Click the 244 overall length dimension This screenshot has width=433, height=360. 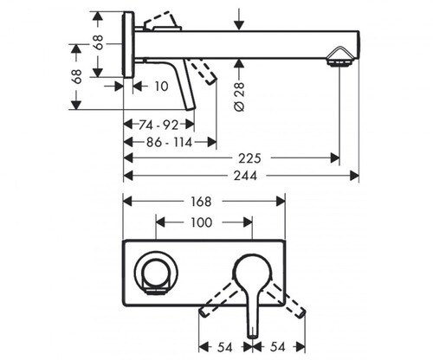click(245, 176)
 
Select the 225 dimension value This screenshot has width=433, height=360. click(249, 158)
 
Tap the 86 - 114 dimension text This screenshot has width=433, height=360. click(170, 142)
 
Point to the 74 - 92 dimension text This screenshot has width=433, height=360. click(158, 125)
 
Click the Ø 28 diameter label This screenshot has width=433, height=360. click(239, 97)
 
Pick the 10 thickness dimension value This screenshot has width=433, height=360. click(161, 87)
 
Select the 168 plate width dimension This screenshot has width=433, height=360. click(201, 202)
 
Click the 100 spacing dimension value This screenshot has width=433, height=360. click(202, 222)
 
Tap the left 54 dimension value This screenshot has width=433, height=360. click(225, 347)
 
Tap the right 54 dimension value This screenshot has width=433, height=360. click(278, 347)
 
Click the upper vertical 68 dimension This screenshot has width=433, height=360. click(99, 42)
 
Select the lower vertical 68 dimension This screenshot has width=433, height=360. click(77, 76)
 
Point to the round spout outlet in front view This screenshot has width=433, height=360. click(156, 273)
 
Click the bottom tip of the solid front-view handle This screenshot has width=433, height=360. click(253, 337)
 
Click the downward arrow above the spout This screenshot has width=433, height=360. click(239, 19)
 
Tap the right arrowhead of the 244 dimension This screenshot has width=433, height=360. click(354, 176)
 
